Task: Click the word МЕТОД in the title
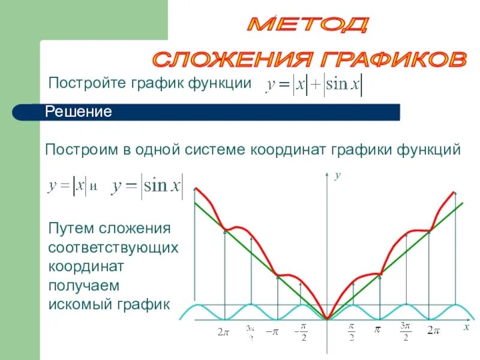[x=307, y=25]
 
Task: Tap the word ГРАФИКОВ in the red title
[x=395, y=59]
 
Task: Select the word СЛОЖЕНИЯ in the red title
[x=236, y=59]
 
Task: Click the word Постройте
[x=87, y=83]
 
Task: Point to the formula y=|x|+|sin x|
[x=314, y=86]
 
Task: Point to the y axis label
[x=337, y=175]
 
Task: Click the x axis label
[x=465, y=328]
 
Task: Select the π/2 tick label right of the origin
[x=352, y=331]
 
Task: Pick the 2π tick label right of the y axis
[x=433, y=331]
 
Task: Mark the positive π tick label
[x=378, y=330]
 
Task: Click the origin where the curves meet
[x=327, y=319]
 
